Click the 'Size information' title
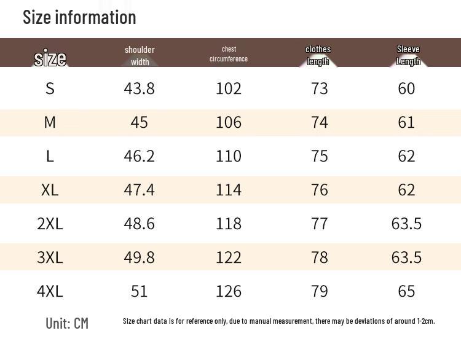(x=79, y=17)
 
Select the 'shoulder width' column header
(x=140, y=56)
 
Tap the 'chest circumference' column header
(x=229, y=54)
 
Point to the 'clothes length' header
(x=318, y=55)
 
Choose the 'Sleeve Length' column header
(x=408, y=55)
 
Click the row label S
(x=50, y=88)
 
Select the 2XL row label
(x=50, y=224)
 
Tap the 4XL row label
(x=50, y=291)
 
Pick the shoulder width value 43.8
(x=139, y=88)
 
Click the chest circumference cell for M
(x=229, y=122)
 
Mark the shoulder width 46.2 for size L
(x=139, y=156)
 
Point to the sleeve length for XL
(x=406, y=190)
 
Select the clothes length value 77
(x=319, y=224)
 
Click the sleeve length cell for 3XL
(x=406, y=257)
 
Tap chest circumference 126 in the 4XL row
(x=229, y=291)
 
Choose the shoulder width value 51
(x=139, y=291)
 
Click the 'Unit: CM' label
(x=67, y=323)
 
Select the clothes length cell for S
(x=319, y=88)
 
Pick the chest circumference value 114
(x=229, y=190)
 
